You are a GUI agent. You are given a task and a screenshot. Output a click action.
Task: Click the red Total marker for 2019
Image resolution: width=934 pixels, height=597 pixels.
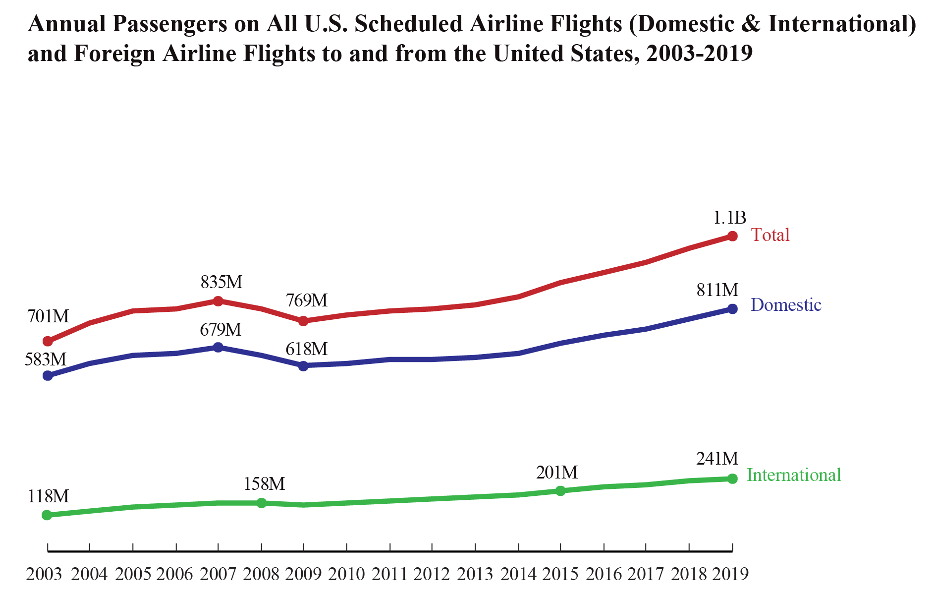(x=732, y=236)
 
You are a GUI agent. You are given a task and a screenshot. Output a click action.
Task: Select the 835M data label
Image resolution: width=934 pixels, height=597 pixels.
(x=221, y=282)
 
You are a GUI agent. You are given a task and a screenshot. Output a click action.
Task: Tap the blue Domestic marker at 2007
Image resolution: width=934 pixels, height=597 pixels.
(x=218, y=347)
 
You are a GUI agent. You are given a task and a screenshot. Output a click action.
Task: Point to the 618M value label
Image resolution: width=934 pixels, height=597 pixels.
(x=306, y=349)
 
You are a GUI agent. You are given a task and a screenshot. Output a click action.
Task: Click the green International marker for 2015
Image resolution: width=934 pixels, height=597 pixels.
(x=560, y=491)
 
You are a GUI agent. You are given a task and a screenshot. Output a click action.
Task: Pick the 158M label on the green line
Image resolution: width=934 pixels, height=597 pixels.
(x=264, y=484)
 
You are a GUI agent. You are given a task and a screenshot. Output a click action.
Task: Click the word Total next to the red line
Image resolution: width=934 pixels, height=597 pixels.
(x=770, y=235)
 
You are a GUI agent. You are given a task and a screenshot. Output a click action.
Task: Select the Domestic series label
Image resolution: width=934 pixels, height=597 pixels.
(x=786, y=305)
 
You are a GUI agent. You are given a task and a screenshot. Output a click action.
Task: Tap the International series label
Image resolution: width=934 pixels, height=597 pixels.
(x=794, y=475)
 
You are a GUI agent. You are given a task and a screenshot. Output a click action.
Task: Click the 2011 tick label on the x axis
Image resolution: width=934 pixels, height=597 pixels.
(x=390, y=574)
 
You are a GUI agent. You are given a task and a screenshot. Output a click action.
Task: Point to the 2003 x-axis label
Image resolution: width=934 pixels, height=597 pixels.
(x=44, y=574)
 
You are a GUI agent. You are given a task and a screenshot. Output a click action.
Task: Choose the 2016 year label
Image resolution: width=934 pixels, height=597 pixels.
(x=604, y=574)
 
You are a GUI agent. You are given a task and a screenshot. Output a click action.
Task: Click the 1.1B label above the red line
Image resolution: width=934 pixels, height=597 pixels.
(x=729, y=217)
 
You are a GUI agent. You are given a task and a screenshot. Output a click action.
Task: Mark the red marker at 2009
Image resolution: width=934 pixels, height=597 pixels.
(x=303, y=321)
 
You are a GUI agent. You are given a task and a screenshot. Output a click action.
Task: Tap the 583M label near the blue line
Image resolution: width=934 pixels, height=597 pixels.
(x=46, y=359)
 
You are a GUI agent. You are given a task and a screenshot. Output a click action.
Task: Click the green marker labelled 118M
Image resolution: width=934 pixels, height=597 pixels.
(x=47, y=515)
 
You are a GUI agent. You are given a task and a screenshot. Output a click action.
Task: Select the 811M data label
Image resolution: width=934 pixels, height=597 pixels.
(x=717, y=290)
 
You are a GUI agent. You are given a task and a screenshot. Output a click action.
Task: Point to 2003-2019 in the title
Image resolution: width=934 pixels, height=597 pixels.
(x=699, y=54)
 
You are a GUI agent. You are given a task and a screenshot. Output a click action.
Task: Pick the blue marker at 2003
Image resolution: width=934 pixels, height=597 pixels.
(x=48, y=376)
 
